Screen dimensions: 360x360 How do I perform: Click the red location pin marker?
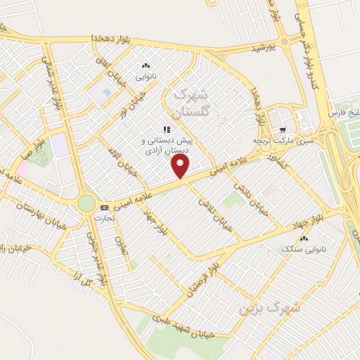coord(181,166)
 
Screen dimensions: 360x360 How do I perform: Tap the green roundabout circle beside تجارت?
coord(86,204)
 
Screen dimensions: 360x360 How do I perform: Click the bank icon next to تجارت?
coord(105,207)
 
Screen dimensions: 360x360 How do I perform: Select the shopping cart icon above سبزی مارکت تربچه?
coord(282,129)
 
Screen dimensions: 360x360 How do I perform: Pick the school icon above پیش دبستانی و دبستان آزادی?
coord(167,129)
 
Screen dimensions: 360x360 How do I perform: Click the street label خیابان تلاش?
coord(213,210)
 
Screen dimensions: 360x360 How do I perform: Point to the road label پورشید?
coord(269,48)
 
